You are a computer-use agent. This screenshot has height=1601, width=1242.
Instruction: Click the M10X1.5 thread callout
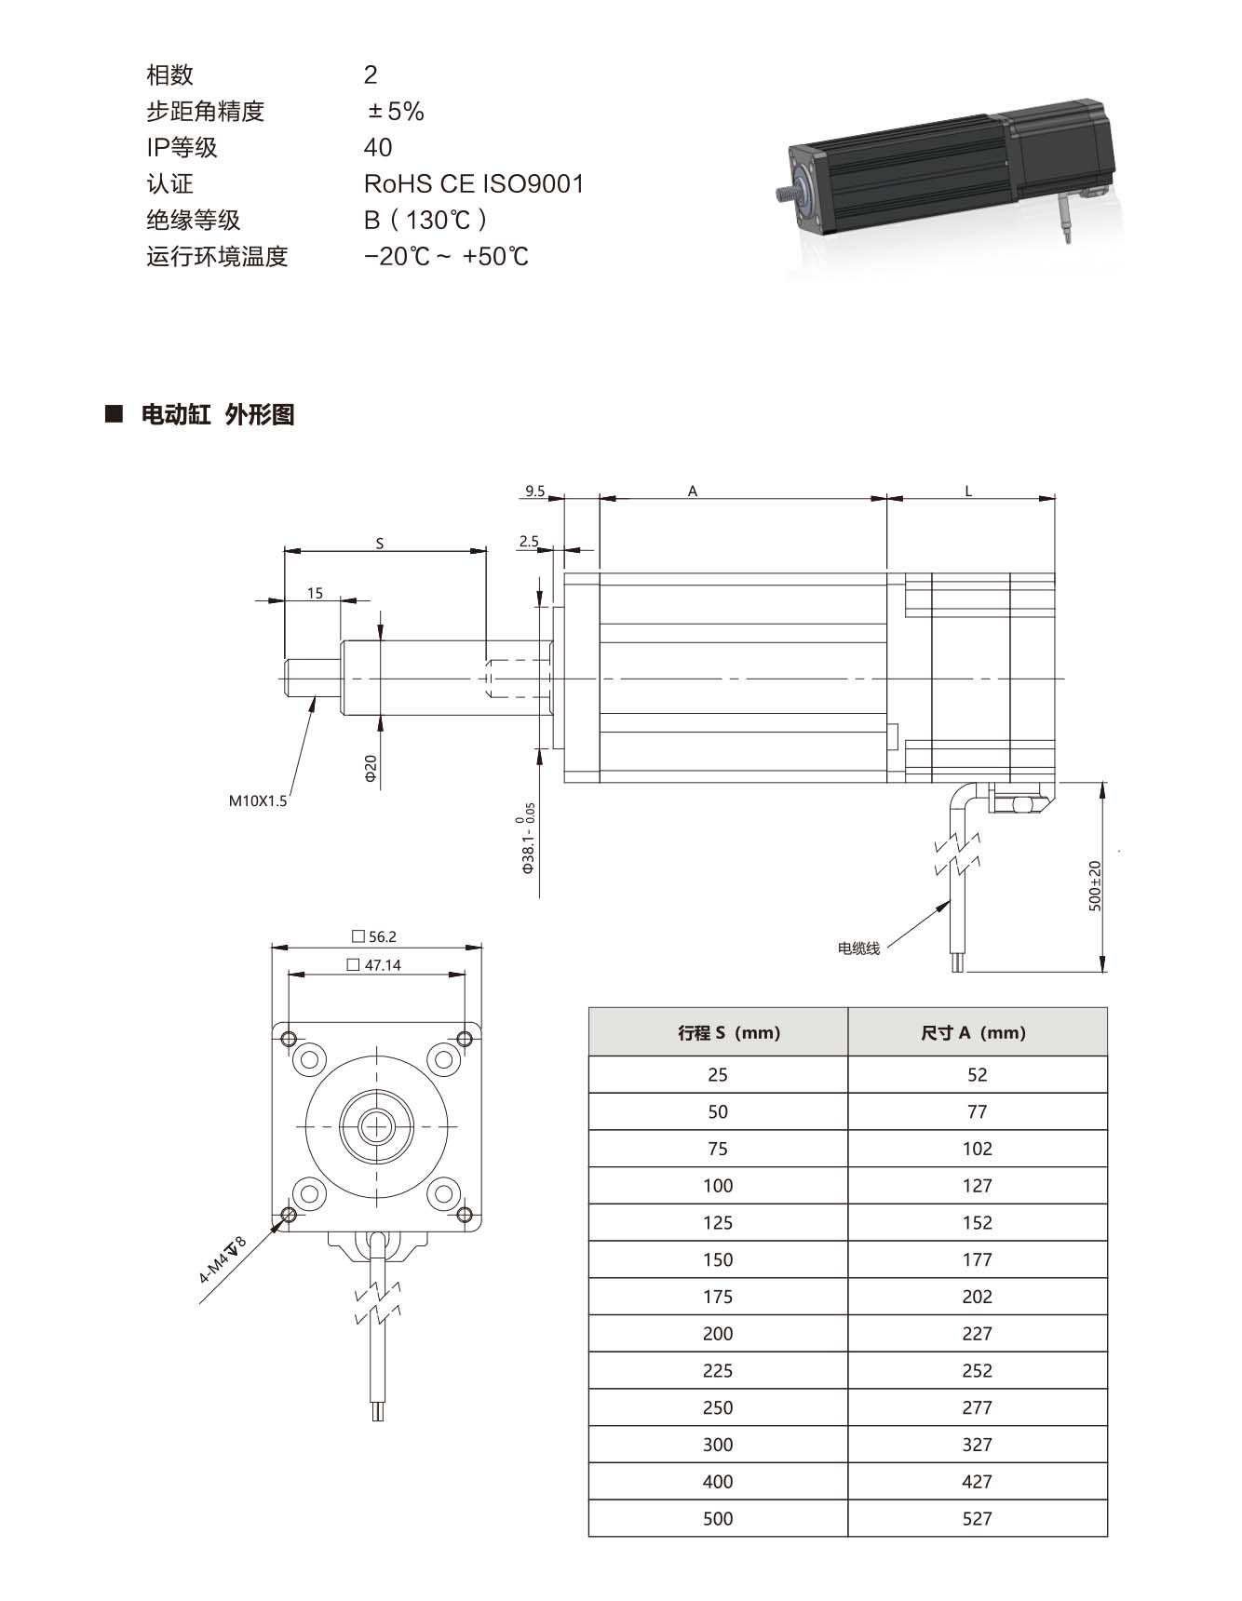pos(258,800)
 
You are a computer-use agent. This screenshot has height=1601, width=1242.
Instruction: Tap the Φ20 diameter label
pos(371,769)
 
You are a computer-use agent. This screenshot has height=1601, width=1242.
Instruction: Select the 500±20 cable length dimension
pos(1095,885)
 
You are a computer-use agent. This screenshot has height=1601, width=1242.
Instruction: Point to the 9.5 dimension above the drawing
pos(534,491)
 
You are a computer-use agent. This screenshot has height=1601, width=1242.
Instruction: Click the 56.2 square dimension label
pos(374,936)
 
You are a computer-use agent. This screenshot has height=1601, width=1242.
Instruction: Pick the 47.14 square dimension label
pos(374,965)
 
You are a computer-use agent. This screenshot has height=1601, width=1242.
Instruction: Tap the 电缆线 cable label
pos(858,948)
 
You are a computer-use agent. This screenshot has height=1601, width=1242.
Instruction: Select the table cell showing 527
pos(977,1518)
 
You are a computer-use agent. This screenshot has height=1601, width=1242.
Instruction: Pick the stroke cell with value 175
pos(718,1297)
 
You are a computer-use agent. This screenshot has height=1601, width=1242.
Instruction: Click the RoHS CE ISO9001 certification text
pos(474,183)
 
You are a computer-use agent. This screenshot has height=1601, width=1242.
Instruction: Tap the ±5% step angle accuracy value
pos(396,112)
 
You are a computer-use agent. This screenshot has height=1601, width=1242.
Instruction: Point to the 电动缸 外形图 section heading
pos(217,414)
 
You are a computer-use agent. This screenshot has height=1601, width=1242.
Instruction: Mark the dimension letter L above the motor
pos(968,491)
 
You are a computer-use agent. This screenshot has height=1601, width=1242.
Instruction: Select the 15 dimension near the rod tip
pos(315,593)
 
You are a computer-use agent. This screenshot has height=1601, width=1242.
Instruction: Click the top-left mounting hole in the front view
pos(289,1038)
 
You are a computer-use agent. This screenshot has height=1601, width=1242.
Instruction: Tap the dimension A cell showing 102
pos(977,1149)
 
